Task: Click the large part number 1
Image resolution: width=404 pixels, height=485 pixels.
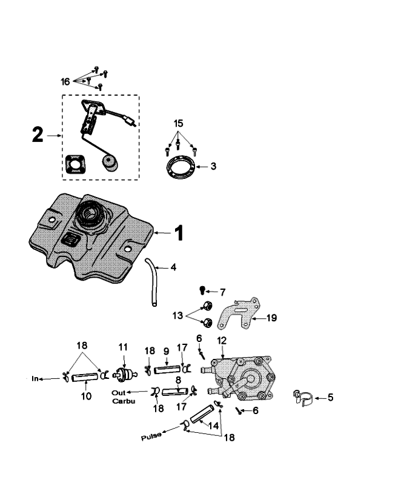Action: pyautogui.click(x=179, y=233)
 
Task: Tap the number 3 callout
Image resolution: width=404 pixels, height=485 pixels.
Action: pyautogui.click(x=213, y=166)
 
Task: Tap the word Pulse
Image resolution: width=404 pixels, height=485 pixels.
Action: pyautogui.click(x=152, y=436)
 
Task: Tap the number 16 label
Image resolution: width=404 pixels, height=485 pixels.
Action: pyautogui.click(x=66, y=81)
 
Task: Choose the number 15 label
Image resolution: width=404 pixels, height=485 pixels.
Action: pyautogui.click(x=178, y=123)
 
